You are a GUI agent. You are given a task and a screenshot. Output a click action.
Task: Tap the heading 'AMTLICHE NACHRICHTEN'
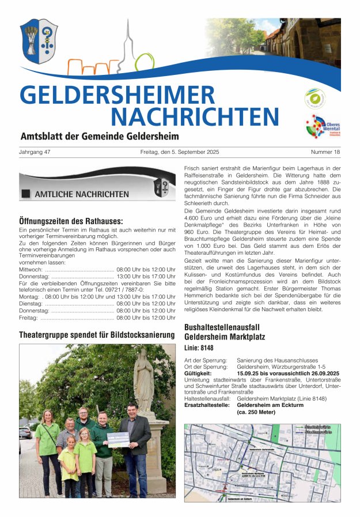(81, 194)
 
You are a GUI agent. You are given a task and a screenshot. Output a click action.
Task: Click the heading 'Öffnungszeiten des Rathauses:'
(71, 221)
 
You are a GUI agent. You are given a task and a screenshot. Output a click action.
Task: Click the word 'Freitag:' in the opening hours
(28, 318)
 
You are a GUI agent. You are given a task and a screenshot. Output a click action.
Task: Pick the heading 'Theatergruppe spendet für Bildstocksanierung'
(97, 335)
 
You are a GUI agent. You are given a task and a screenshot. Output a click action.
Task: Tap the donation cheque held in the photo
(118, 439)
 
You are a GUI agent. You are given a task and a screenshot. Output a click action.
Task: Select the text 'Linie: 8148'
(199, 348)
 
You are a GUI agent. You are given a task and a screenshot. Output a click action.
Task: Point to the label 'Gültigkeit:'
(198, 373)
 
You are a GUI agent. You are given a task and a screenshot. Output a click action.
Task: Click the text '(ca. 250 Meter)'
(256, 412)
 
